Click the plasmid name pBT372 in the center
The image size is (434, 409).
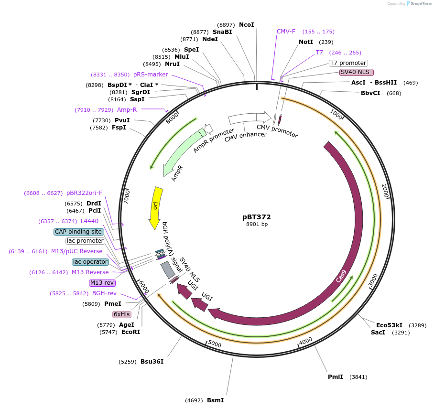(x=257, y=216)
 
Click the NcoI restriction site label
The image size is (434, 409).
(x=246, y=25)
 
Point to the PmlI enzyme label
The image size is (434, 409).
(x=335, y=377)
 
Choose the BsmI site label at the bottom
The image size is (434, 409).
(x=215, y=400)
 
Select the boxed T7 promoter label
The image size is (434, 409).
(x=348, y=63)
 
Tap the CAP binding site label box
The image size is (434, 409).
(x=78, y=232)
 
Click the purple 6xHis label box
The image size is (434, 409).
(x=121, y=314)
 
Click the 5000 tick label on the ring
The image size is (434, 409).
(x=215, y=344)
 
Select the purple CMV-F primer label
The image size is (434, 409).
(x=286, y=32)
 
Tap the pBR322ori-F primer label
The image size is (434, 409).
(x=85, y=193)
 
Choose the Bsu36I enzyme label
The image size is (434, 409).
(x=152, y=362)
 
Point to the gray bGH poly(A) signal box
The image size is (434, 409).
(x=167, y=270)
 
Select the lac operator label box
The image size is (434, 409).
(x=90, y=262)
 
